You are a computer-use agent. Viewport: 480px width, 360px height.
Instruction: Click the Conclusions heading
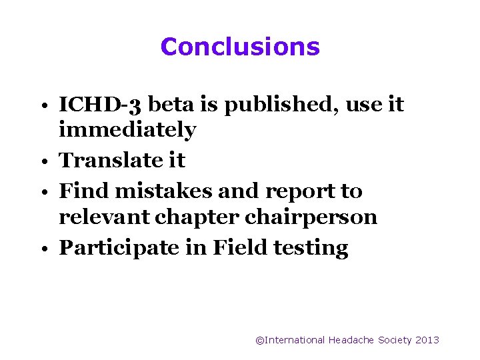(240, 47)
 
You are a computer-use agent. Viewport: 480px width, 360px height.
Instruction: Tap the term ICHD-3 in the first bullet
(100, 105)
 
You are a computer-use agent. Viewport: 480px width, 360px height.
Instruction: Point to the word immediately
(127, 130)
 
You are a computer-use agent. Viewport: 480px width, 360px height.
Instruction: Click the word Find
(84, 191)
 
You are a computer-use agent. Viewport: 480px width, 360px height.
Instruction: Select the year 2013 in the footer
(427, 340)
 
